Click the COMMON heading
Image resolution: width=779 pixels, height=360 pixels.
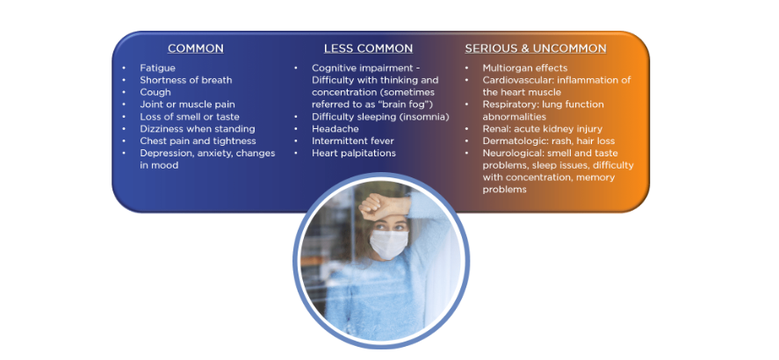pos(195,48)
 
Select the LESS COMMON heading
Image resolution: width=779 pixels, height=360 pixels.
pos(368,48)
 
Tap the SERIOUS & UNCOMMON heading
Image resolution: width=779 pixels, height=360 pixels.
pos(536,48)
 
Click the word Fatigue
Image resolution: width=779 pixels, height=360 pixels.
pos(157,68)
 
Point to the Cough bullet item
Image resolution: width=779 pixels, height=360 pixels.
pos(155,92)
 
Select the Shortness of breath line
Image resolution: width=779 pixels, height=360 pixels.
pos(186,80)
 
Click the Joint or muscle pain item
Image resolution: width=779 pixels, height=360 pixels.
pos(187,104)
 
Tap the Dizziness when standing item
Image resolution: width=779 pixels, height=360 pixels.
pos(198,128)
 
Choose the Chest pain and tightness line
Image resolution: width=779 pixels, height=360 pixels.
pos(198,141)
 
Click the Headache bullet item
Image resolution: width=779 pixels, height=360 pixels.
pos(335,128)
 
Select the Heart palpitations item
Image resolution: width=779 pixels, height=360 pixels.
pos(354,153)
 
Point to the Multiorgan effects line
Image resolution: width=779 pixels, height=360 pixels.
pos(524,68)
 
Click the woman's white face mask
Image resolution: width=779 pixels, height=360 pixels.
pos(388,244)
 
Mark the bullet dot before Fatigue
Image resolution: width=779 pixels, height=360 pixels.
pos(124,68)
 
